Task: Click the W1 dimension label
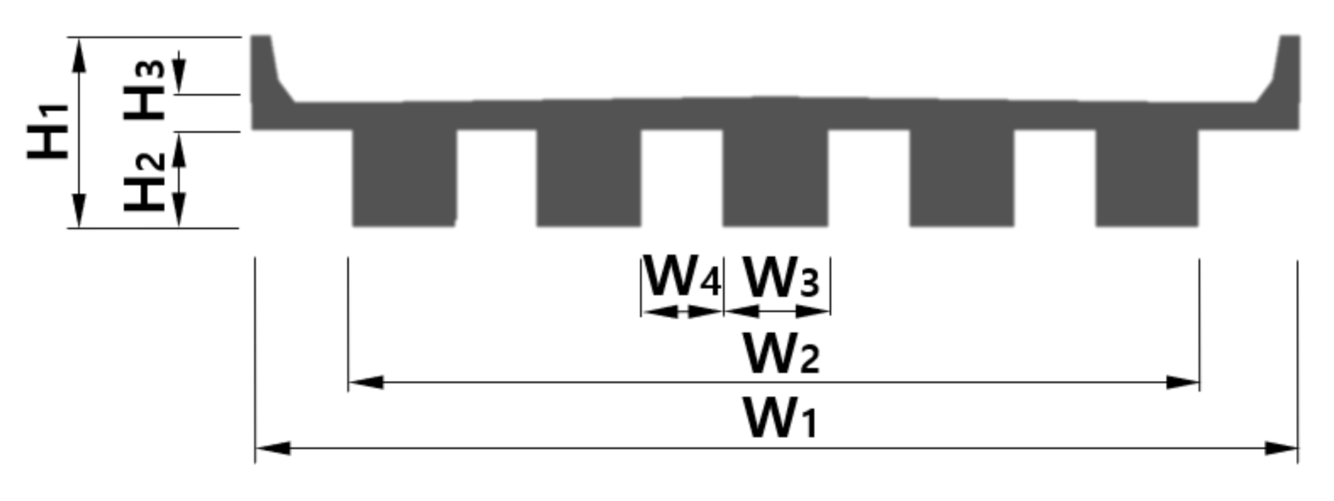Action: pyautogui.click(x=780, y=418)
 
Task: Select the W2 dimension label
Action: pyautogui.click(x=781, y=354)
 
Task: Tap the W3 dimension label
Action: pyautogui.click(x=781, y=277)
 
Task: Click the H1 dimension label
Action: pyautogui.click(x=49, y=131)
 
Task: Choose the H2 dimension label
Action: pyautogui.click(x=145, y=181)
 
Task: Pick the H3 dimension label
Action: pyautogui.click(x=145, y=90)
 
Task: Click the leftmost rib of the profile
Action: pyautogui.click(x=404, y=178)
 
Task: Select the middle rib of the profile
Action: pyautogui.click(x=775, y=178)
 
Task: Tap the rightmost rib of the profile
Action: pyautogui.click(x=1147, y=178)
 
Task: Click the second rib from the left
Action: pyautogui.click(x=589, y=178)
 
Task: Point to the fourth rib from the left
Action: pyautogui.click(x=962, y=178)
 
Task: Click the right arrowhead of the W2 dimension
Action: pyautogui.click(x=1183, y=382)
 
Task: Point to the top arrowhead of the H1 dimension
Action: pyautogui.click(x=79, y=53)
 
